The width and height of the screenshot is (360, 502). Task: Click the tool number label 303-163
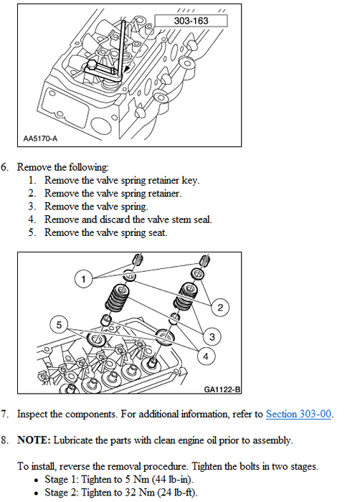[191, 21]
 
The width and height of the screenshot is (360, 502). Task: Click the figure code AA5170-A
[40, 138]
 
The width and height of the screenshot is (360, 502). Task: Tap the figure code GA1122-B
[222, 389]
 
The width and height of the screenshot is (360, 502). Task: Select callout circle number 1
[84, 279]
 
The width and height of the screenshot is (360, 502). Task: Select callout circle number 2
[220, 308]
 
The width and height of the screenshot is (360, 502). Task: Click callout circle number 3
[212, 337]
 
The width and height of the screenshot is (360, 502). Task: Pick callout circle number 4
[206, 356]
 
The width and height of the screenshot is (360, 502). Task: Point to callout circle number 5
[59, 325]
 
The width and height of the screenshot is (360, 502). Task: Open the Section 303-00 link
[298, 414]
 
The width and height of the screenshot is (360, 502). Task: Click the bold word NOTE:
[34, 440]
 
